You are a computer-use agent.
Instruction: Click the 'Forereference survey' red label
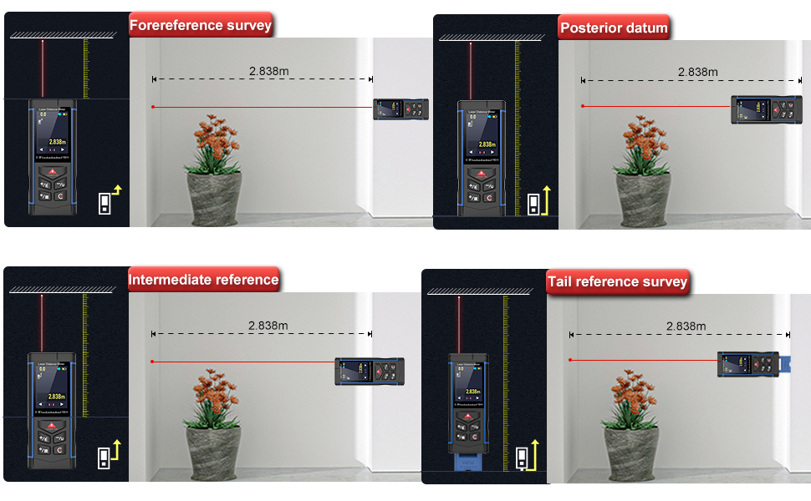[201, 25]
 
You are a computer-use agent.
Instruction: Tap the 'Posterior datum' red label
[614, 28]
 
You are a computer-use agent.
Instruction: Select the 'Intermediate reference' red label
[204, 280]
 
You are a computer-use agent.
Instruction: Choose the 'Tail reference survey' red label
[617, 282]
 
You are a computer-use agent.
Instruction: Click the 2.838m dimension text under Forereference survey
[268, 71]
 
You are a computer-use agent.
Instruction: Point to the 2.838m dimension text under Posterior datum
[697, 71]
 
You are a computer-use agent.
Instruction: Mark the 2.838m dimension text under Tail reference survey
[686, 326]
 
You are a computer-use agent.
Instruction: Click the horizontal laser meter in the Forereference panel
[400, 109]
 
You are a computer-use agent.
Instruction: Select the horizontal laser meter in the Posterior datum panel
[761, 109]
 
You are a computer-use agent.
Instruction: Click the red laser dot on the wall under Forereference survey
[153, 107]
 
